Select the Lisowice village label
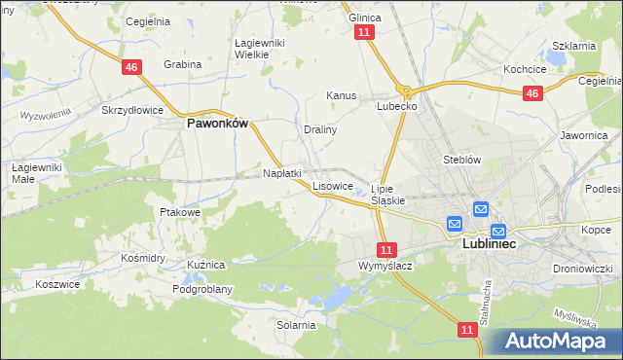tap(333, 186)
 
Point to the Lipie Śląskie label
tap(387, 195)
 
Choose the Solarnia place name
tap(296, 325)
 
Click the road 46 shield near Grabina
tap(131, 66)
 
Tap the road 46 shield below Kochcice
tap(531, 93)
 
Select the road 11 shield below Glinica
tap(364, 32)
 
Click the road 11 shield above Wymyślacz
tap(387, 249)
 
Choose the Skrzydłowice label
tap(132, 110)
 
